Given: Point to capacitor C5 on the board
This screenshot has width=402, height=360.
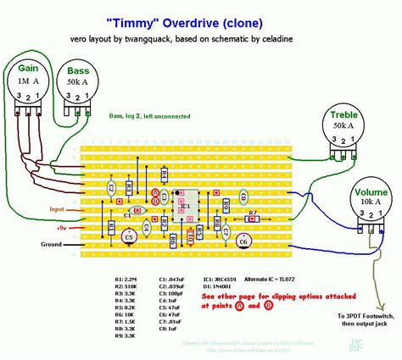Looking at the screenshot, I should click(x=129, y=238).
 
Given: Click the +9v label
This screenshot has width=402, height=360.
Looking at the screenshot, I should click(x=62, y=228).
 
